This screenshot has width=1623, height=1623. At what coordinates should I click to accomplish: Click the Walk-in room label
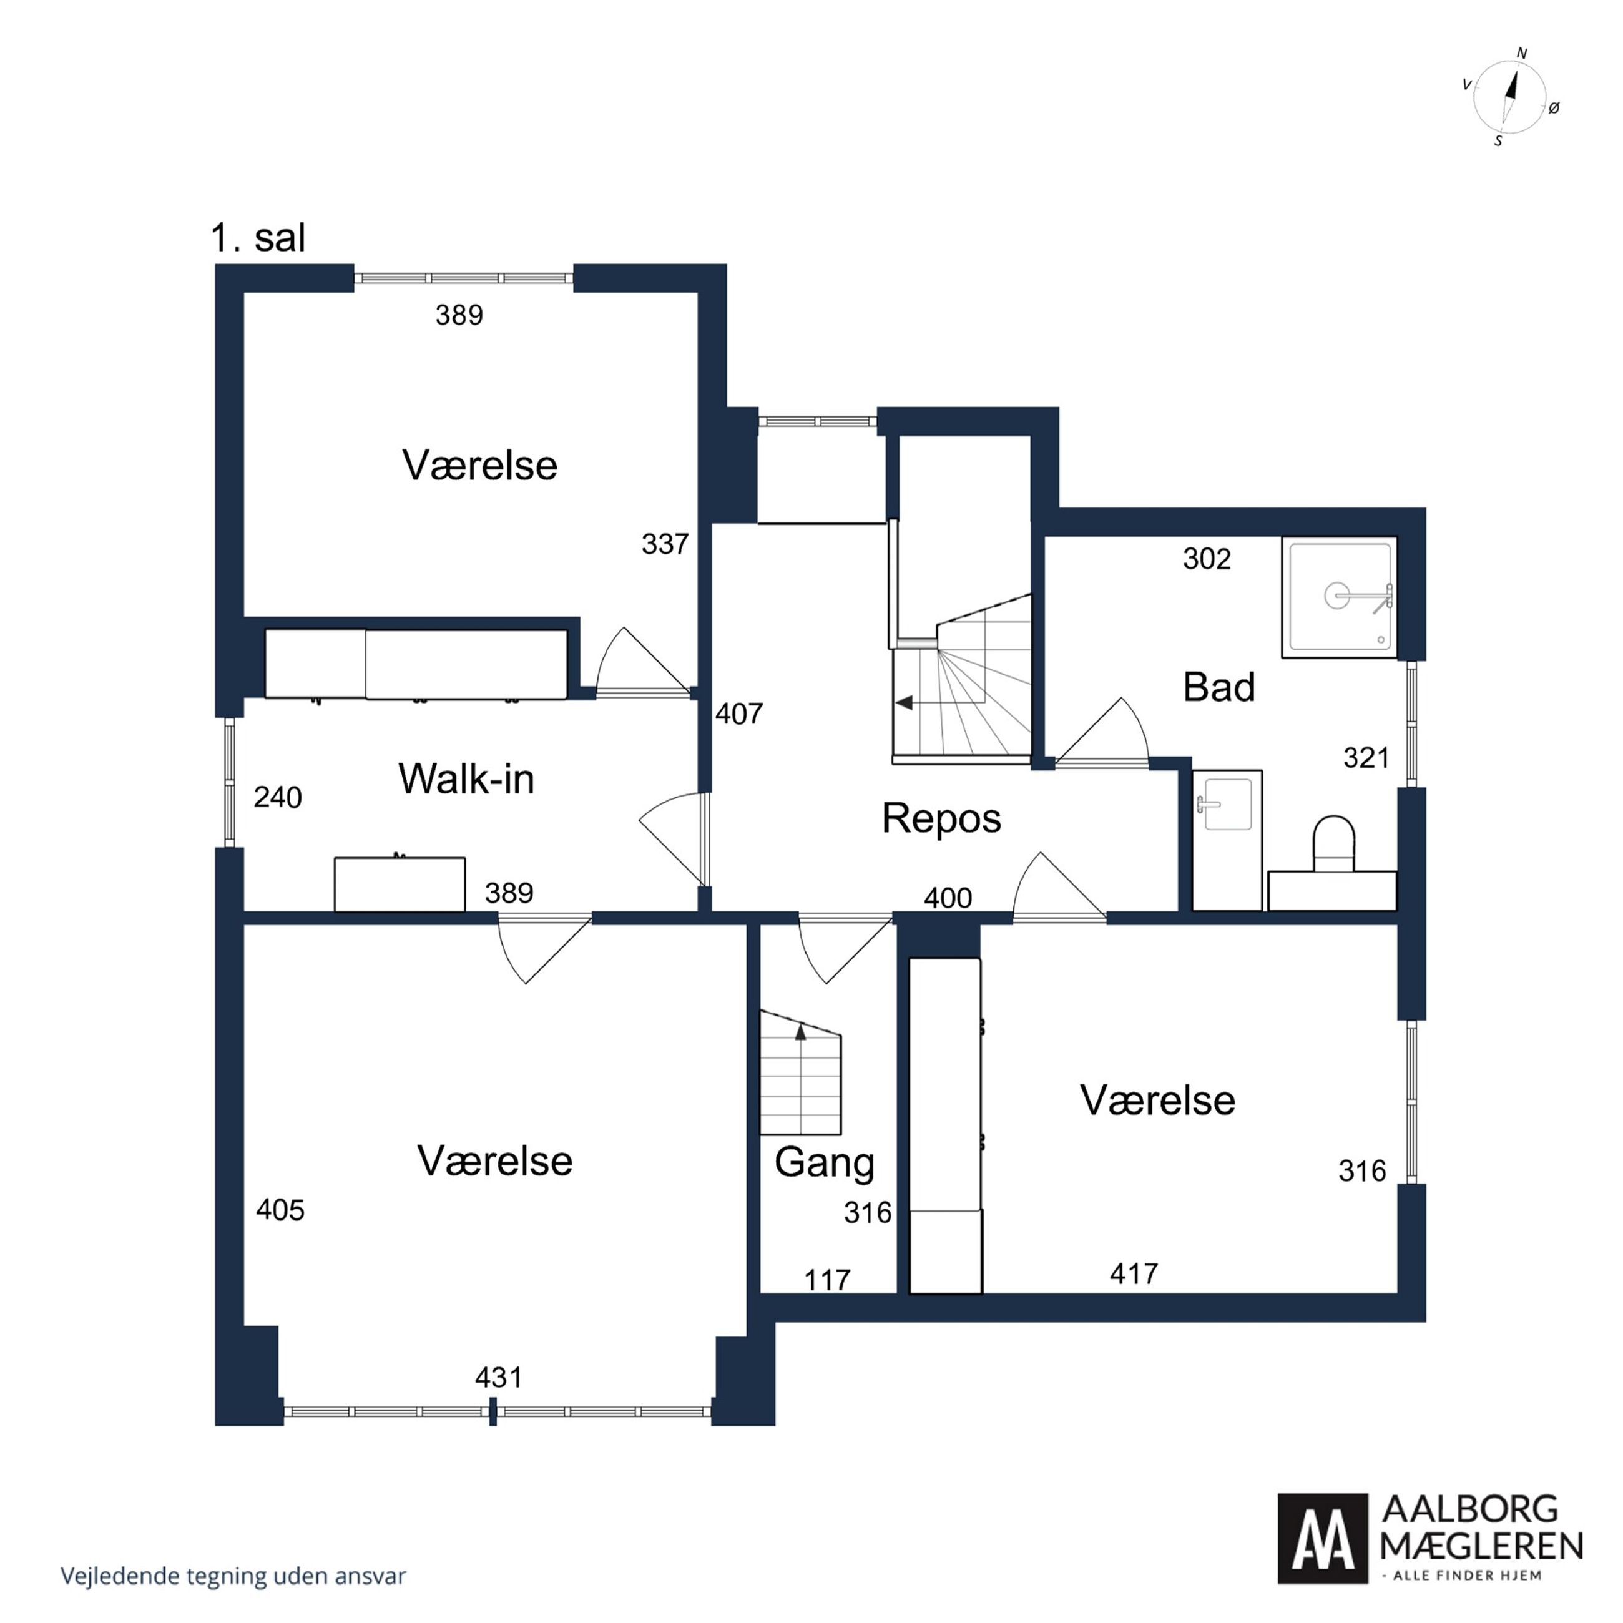pyautogui.click(x=466, y=779)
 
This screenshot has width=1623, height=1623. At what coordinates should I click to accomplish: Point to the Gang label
pyautogui.click(x=824, y=1164)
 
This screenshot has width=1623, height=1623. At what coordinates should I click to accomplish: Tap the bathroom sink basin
pyautogui.click(x=1227, y=804)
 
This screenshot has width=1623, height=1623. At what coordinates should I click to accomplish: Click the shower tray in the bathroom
pyautogui.click(x=1339, y=596)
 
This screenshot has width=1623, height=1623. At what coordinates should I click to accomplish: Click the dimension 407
pyautogui.click(x=739, y=713)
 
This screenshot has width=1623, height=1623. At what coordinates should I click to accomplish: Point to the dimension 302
pyautogui.click(x=1207, y=559)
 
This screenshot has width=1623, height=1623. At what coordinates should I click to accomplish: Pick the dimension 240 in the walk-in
pyautogui.click(x=277, y=797)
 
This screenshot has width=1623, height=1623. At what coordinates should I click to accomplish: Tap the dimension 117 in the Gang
pyautogui.click(x=828, y=1280)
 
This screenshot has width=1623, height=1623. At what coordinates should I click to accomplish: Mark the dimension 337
pyautogui.click(x=665, y=544)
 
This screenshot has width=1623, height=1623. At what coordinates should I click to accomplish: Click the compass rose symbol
pyautogui.click(x=1509, y=97)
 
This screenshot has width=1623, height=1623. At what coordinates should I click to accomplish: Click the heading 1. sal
pyautogui.click(x=258, y=238)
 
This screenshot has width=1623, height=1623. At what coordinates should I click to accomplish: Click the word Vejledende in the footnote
pyautogui.click(x=107, y=1576)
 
